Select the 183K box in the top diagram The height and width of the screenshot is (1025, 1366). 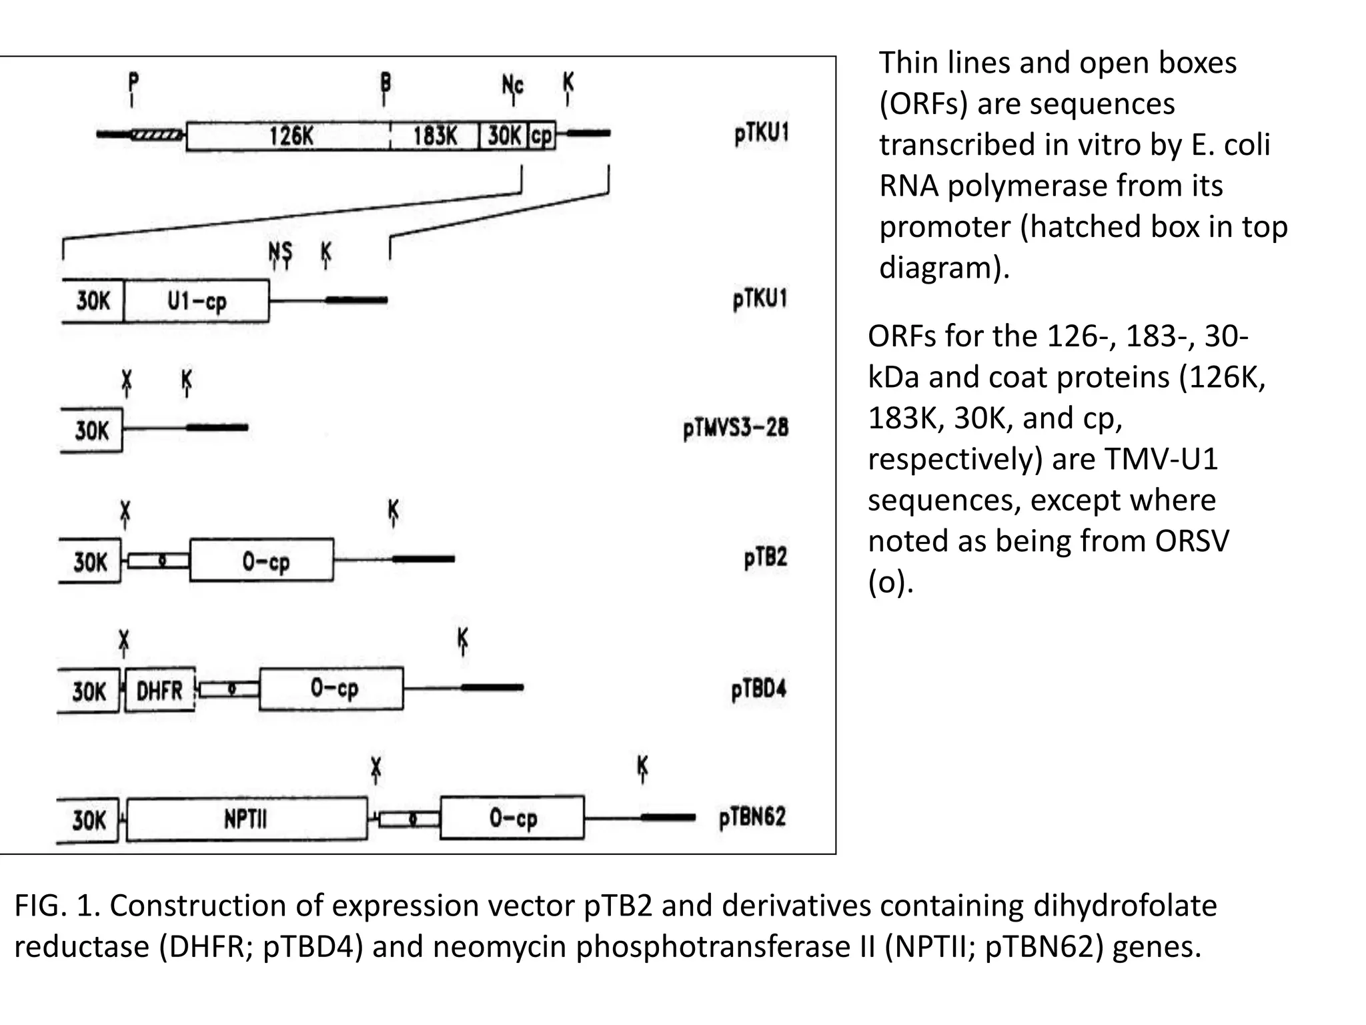(435, 136)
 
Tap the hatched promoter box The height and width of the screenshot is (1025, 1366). (157, 135)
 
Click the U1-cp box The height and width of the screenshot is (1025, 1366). (197, 301)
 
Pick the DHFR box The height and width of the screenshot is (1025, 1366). (160, 690)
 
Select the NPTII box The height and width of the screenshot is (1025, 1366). (246, 818)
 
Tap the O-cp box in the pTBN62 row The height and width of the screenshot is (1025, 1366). (512, 818)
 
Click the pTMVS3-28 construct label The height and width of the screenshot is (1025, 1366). (736, 428)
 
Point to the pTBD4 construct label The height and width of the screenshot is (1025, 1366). (759, 689)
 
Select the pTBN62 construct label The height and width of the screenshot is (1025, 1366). (752, 817)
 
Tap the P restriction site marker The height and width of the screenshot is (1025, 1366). (133, 85)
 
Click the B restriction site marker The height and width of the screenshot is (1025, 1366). (385, 85)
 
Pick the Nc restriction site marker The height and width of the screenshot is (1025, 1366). (512, 86)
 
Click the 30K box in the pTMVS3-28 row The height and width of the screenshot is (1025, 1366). (91, 430)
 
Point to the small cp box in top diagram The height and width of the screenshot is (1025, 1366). (542, 136)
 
